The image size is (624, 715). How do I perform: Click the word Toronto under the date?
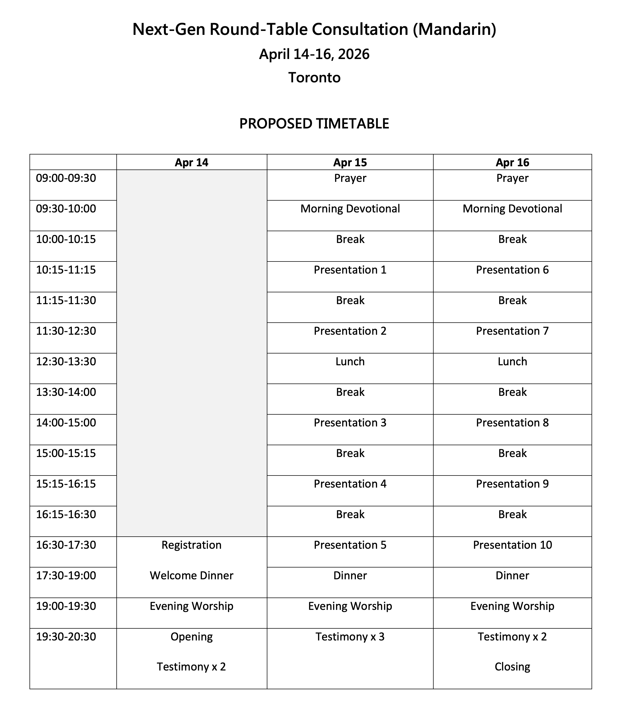(314, 77)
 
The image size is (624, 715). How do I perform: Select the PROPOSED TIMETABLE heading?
(314, 124)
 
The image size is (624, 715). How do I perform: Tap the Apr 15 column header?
(350, 163)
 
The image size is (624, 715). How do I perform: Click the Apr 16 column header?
(512, 163)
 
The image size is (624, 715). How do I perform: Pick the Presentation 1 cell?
(350, 270)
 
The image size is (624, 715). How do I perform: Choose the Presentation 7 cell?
(512, 331)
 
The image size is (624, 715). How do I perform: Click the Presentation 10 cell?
(512, 545)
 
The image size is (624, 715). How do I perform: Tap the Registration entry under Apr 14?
(191, 545)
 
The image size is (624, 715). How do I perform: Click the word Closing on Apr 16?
(512, 666)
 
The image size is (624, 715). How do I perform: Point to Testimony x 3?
(350, 637)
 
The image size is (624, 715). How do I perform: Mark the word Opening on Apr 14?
(191, 637)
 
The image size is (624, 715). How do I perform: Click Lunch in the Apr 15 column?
(350, 362)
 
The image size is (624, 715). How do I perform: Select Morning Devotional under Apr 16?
(512, 209)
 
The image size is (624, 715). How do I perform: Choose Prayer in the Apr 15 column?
(350, 178)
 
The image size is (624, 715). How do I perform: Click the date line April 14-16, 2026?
(314, 54)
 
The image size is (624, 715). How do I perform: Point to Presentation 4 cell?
(350, 484)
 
